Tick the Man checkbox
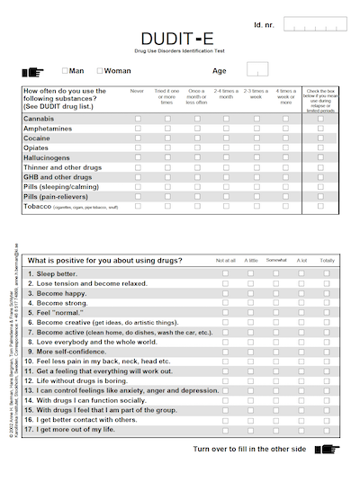point(66,70)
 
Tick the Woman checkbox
point(101,70)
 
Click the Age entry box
point(256,69)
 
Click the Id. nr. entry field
point(316,24)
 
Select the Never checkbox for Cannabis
point(138,119)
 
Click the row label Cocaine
point(38,138)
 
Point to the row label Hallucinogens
point(49,158)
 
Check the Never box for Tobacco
point(138,207)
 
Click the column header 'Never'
point(138,91)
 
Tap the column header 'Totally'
point(327,261)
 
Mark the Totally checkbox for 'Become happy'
point(327,293)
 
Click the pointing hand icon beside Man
point(31,70)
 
